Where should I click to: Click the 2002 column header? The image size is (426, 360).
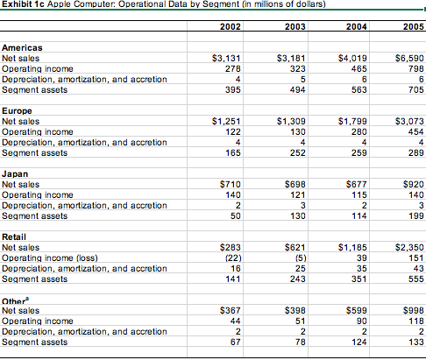pyautogui.click(x=230, y=27)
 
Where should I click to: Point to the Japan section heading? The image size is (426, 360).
pyautogui.click(x=16, y=174)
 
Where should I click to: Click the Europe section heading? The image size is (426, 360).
pyautogui.click(x=18, y=110)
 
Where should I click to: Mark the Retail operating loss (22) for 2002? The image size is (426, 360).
pyautogui.click(x=231, y=258)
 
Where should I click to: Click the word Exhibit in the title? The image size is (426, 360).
pyautogui.click(x=17, y=5)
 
